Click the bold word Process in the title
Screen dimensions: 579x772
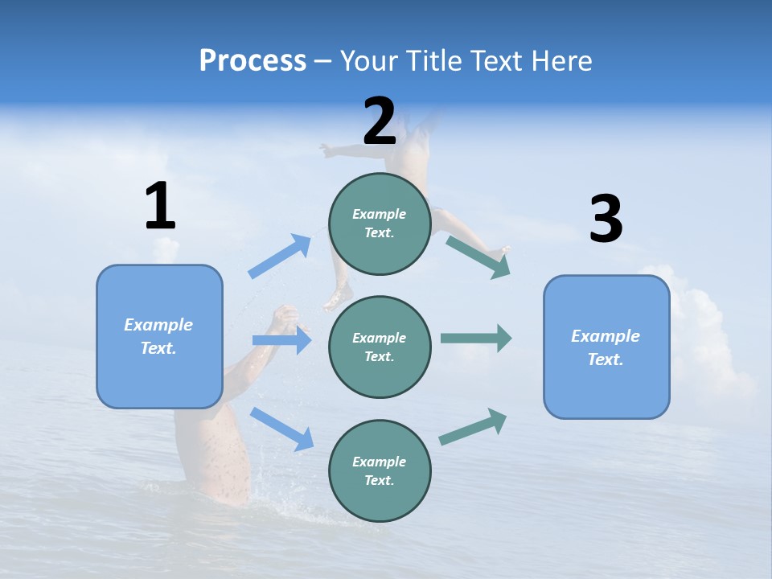click(x=253, y=61)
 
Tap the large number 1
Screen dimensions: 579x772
click(x=160, y=207)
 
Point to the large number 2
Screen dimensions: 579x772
click(x=380, y=121)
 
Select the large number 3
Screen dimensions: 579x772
click(x=606, y=220)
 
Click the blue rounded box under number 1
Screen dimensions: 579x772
click(x=159, y=336)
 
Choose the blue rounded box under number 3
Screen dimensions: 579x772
click(x=606, y=347)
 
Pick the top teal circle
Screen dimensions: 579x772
click(x=380, y=224)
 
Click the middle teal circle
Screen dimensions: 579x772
click(x=380, y=347)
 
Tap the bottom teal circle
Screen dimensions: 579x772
click(x=380, y=470)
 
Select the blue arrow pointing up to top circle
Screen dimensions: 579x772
click(x=280, y=257)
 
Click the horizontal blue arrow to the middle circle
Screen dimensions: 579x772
click(x=281, y=340)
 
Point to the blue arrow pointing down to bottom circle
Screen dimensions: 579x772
click(x=281, y=428)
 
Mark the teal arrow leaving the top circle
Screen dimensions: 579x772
click(x=478, y=257)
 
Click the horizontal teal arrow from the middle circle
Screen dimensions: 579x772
click(x=475, y=338)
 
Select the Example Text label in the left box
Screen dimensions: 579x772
click(x=158, y=336)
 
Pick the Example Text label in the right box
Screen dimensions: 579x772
click(x=606, y=347)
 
